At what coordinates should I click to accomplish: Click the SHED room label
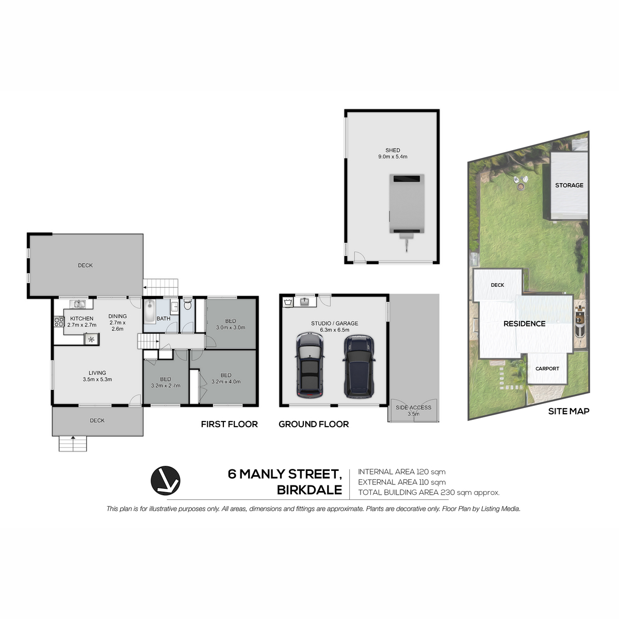[x=393, y=150]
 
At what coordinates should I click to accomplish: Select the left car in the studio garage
[x=309, y=366]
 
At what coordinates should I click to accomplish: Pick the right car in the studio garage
[x=359, y=366]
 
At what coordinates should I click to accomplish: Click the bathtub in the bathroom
[x=150, y=311]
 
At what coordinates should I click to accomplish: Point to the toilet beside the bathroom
[x=188, y=304]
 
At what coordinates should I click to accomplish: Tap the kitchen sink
[x=78, y=304]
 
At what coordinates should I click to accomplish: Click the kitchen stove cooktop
[x=59, y=321]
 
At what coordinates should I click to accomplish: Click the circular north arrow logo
[x=166, y=481]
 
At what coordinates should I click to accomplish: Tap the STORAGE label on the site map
[x=569, y=185]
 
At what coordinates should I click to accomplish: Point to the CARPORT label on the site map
[x=547, y=368]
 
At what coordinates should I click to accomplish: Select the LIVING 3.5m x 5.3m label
[x=97, y=376]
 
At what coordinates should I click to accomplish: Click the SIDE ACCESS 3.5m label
[x=413, y=411]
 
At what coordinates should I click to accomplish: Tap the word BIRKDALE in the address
[x=309, y=490]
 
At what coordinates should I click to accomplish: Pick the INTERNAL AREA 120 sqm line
[x=401, y=471]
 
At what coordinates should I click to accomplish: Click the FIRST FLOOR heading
[x=230, y=424]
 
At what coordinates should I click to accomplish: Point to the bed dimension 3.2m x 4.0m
[x=226, y=382]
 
